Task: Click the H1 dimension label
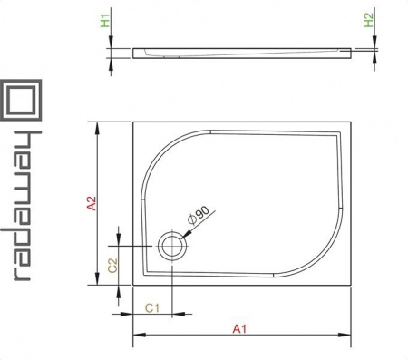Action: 105,21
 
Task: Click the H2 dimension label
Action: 369,21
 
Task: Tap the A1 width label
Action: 239,328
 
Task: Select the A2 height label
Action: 92,203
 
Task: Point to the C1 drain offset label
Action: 152,308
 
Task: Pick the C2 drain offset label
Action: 112,266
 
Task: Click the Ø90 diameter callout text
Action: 199,216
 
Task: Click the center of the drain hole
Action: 172,246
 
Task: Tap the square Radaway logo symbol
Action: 21,100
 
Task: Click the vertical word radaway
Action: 21,206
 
